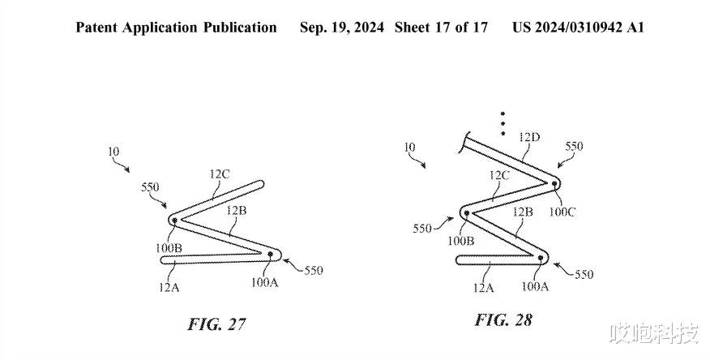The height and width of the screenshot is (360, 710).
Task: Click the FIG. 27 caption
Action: click(x=217, y=324)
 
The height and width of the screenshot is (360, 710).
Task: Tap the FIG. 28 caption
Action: click(x=503, y=320)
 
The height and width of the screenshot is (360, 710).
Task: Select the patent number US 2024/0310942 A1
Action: click(x=578, y=28)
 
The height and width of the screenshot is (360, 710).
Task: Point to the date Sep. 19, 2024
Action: click(x=342, y=28)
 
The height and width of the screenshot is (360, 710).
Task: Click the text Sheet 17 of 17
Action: click(x=441, y=28)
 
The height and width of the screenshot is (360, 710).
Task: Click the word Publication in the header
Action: click(x=240, y=28)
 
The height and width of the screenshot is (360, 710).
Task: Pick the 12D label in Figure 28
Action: click(x=529, y=137)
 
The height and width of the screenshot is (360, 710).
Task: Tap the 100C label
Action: click(x=562, y=212)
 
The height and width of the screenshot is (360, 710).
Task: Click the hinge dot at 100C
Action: click(x=554, y=183)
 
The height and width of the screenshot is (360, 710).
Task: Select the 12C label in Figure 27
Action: click(x=220, y=174)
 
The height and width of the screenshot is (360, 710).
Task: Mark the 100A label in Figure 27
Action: click(x=265, y=282)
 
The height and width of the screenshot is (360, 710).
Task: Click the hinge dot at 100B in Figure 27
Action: click(x=174, y=220)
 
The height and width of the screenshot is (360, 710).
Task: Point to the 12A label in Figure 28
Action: click(x=483, y=288)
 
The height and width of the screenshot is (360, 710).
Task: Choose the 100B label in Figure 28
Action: click(x=461, y=241)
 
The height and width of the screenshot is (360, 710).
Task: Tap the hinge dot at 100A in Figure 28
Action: click(x=540, y=258)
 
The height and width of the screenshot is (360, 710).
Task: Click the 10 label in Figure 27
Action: click(x=113, y=151)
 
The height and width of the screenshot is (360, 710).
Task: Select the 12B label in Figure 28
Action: click(x=522, y=212)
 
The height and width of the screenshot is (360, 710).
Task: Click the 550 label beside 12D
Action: click(x=574, y=146)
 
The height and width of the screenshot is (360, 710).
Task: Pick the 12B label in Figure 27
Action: click(x=237, y=210)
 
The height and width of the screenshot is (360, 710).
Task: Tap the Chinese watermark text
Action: click(x=654, y=334)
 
